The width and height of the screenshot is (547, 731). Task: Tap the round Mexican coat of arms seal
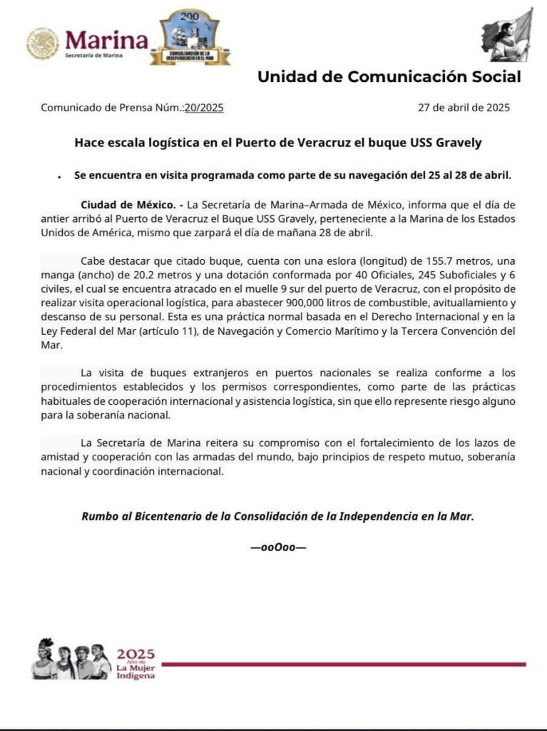point(43,43)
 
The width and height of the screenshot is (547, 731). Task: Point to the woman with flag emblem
point(507,35)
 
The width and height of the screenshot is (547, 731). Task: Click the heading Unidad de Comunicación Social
point(389,77)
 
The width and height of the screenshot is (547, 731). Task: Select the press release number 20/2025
point(203,109)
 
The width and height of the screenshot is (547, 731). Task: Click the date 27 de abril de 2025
point(464,109)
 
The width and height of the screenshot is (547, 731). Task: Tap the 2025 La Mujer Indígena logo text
point(135,663)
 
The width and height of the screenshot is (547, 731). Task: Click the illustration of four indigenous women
point(71,660)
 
